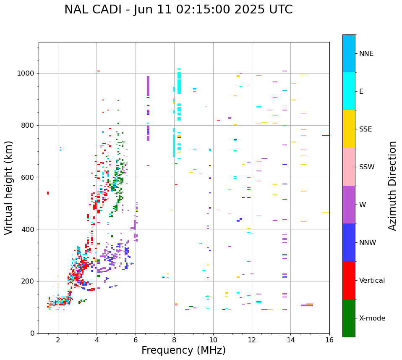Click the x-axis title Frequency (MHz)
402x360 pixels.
coord(183,350)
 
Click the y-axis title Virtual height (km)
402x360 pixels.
coord(9,188)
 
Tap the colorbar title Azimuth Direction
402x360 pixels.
coord(392,186)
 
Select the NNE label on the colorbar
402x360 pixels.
coord(366,54)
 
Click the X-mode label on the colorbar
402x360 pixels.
coord(372,318)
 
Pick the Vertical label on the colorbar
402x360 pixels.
coord(372,281)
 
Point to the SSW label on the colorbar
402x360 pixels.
coord(367,167)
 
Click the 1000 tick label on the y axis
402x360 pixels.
coord(26,74)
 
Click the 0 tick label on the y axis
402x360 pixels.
coord(33,333)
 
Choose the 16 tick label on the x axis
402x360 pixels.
coord(329,340)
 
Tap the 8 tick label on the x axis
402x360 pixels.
coord(174,340)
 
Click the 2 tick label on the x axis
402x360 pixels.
coord(58,340)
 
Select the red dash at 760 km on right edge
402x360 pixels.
coord(326,136)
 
